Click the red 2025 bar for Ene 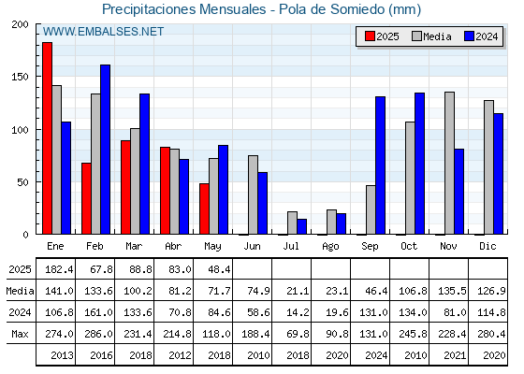47,138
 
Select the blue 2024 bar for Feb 105,150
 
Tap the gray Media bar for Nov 449,163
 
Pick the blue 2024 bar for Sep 380,165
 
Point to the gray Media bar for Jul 292,223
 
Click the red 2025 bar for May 204,209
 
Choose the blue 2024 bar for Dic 498,174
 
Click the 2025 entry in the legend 382,36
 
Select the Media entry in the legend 431,36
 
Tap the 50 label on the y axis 22,182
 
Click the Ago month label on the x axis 330,247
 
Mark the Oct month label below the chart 409,246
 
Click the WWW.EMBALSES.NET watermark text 103,32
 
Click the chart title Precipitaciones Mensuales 184,9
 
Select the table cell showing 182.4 59,269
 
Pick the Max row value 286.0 98,334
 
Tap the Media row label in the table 20,291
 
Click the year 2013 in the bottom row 62,355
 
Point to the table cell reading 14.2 298,312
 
